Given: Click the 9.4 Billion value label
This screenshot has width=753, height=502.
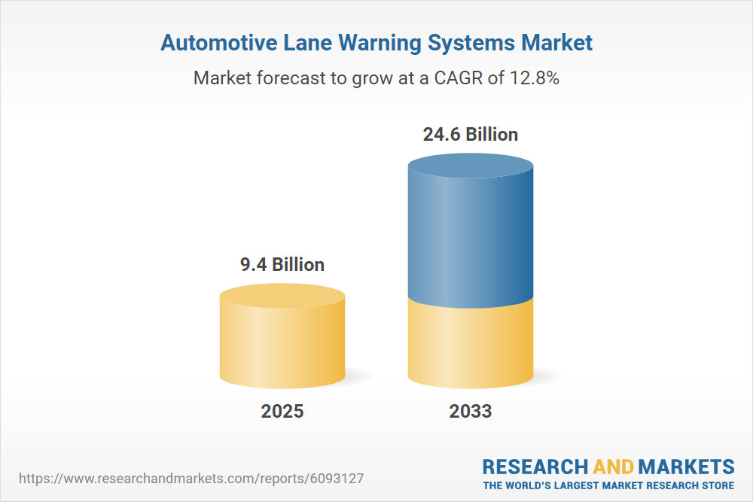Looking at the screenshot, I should click(282, 265).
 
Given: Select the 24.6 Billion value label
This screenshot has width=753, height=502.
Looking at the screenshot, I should click(471, 135).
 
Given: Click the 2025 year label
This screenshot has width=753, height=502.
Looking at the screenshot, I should click(282, 412).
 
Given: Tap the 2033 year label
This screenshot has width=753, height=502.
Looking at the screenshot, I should click(471, 412).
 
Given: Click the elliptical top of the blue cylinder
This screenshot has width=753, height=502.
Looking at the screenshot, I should click(471, 166).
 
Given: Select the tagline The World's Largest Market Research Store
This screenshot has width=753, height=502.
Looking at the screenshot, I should click(608, 485).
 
